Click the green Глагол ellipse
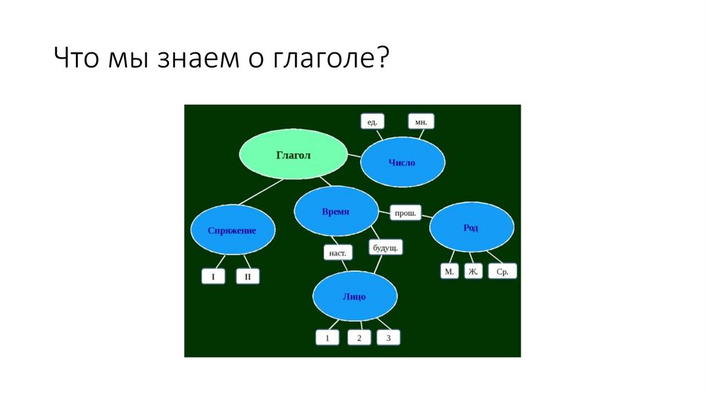tap(294, 155)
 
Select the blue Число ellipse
tap(402, 162)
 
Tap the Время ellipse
tap(336, 212)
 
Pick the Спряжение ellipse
tap(232, 230)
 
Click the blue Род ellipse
tap(472, 228)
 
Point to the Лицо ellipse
tap(354, 297)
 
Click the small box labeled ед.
tap(372, 122)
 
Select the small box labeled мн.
tap(421, 122)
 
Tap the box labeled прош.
tap(406, 213)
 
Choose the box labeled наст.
tap(338, 253)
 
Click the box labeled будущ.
tap(385, 246)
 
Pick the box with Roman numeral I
tap(214, 277)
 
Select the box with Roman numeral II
tap(248, 277)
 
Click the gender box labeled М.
tap(450, 272)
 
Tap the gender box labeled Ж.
tap(474, 272)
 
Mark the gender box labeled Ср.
tap(503, 272)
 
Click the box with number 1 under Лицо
tap(327, 338)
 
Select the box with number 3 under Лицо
tap(388, 338)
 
